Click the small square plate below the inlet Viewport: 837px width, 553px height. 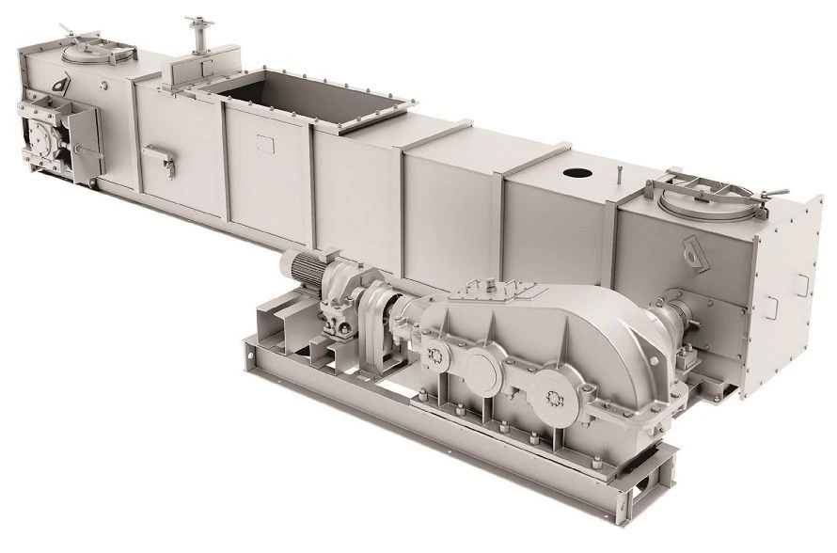click(x=262, y=144)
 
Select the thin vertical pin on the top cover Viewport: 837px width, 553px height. click(x=622, y=175)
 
